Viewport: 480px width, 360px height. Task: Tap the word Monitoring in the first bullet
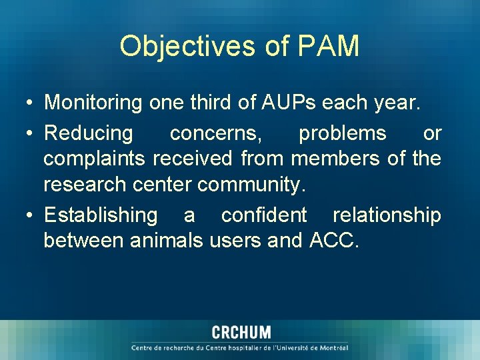click(93, 103)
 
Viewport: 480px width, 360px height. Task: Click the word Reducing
click(89, 133)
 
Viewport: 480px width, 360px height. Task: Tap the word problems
click(342, 133)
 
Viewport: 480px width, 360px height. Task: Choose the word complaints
click(95, 159)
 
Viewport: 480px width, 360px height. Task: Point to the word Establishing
click(101, 215)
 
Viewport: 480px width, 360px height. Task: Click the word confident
click(264, 215)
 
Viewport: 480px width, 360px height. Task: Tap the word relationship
click(387, 215)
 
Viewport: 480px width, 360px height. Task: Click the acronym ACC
click(333, 240)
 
